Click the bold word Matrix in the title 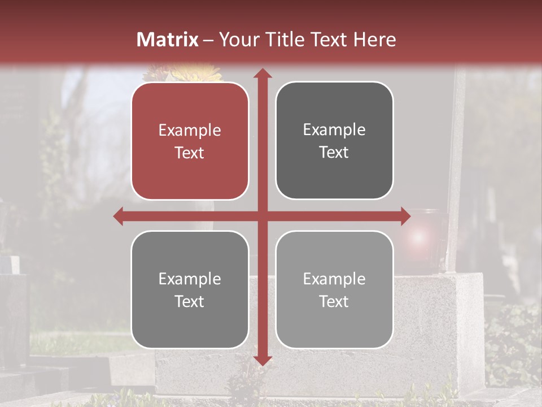(x=168, y=40)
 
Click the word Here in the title (x=374, y=40)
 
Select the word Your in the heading (x=238, y=40)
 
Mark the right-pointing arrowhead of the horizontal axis (x=405, y=216)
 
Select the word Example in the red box (x=190, y=130)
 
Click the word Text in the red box (x=190, y=153)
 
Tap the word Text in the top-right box (x=334, y=153)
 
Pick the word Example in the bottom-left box (x=190, y=279)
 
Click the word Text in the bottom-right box (x=334, y=301)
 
